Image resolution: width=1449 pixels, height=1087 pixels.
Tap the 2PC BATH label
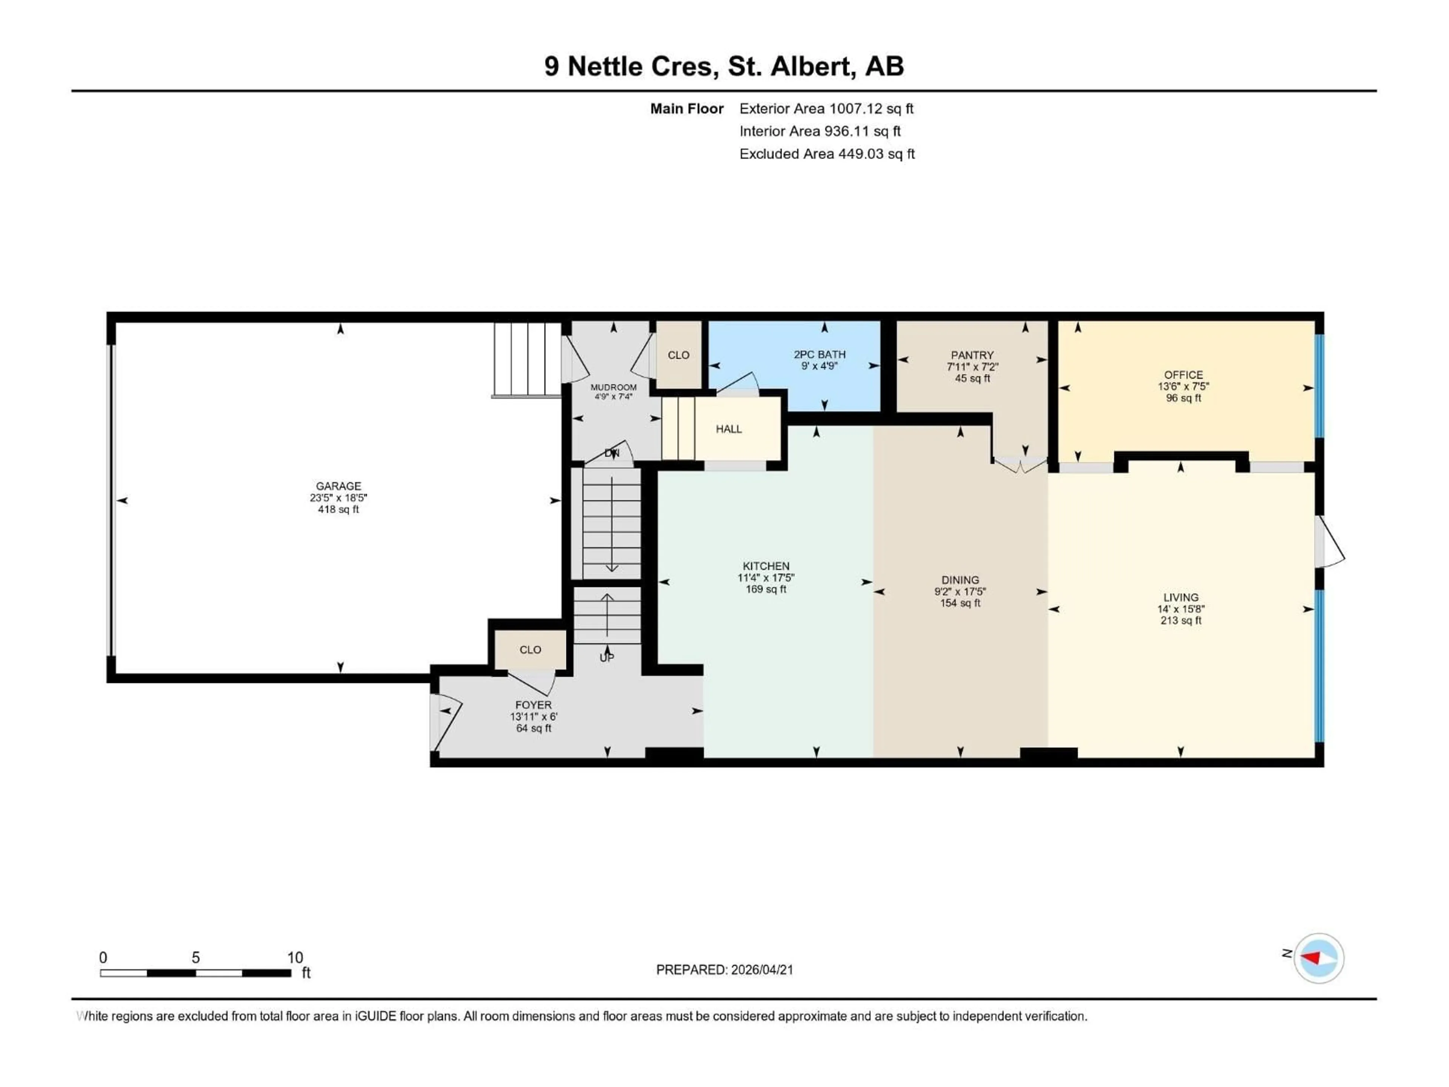tap(820, 354)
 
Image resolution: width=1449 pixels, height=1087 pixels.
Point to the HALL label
tap(728, 429)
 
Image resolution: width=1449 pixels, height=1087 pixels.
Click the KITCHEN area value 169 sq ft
tap(766, 589)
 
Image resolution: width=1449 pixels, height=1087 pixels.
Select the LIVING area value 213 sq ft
tap(1180, 620)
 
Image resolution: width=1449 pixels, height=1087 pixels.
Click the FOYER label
tap(533, 705)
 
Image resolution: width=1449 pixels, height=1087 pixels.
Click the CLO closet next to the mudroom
tap(678, 355)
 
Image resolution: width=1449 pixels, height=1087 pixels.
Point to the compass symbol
tap(1319, 958)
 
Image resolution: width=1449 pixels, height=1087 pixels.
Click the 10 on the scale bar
tap(295, 957)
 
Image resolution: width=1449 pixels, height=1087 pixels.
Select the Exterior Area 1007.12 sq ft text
tap(826, 109)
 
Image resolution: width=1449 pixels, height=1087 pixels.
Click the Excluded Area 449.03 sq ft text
tap(827, 154)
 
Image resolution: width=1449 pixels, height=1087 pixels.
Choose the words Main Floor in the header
tap(686, 109)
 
